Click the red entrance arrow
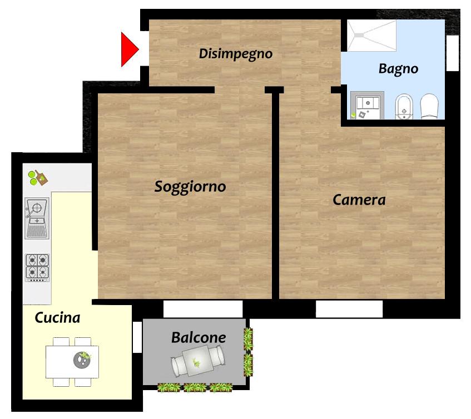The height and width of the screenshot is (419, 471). coord(128,49)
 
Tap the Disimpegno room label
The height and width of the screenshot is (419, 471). coord(236,54)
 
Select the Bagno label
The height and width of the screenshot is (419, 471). coord(398,69)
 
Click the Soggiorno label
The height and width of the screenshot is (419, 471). coord(190,187)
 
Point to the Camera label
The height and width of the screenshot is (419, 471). coord(359,200)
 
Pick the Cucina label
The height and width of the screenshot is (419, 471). coord(57,317)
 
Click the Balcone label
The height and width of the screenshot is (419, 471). coord(199,338)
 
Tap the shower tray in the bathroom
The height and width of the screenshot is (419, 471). coord(372,36)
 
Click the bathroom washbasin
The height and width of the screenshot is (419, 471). coord(368,104)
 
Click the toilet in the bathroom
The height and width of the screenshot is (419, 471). coord(429,106)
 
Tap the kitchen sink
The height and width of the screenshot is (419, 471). coord(37,218)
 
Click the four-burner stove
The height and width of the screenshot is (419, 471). coord(37,268)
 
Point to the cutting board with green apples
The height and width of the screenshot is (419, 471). coord(38,177)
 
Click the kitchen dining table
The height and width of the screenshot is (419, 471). coord(72,362)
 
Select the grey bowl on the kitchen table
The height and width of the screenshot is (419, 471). coord(82,360)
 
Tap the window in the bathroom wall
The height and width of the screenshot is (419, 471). coord(453,53)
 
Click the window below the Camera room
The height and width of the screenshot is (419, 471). coord(349,309)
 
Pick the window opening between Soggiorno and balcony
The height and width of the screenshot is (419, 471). coord(203,309)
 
